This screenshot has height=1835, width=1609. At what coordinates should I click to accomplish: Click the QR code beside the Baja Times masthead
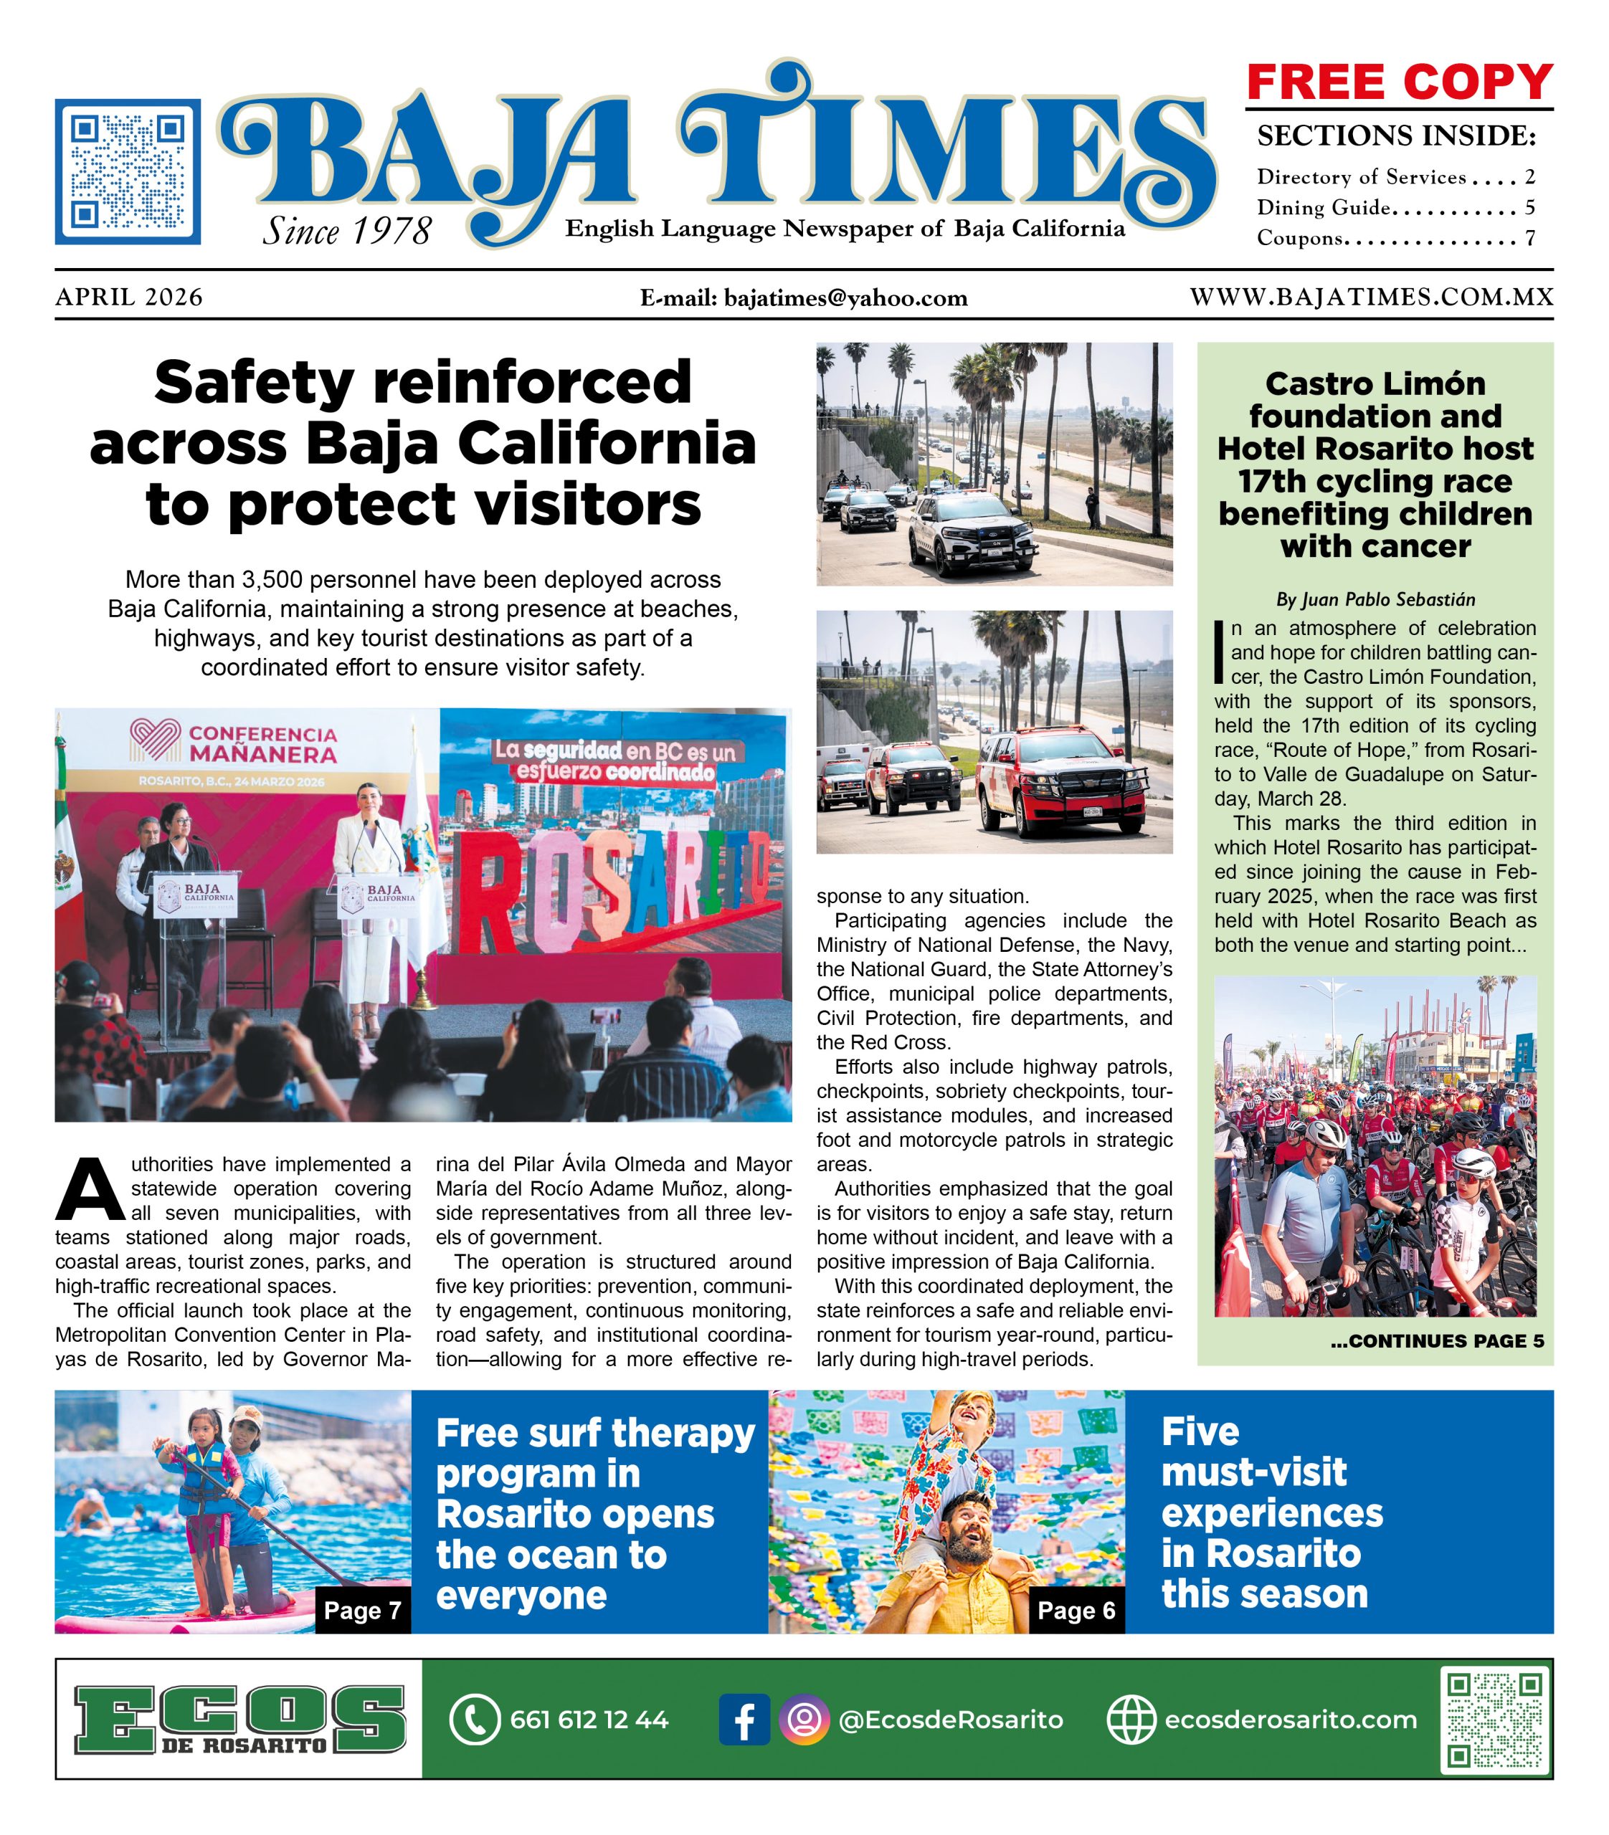pyautogui.click(x=128, y=171)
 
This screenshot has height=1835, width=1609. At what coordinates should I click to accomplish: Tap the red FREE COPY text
pyautogui.click(x=1399, y=82)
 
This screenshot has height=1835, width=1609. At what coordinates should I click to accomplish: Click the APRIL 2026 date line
pyautogui.click(x=129, y=297)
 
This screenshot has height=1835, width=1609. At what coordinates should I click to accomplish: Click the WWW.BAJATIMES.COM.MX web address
pyautogui.click(x=1371, y=297)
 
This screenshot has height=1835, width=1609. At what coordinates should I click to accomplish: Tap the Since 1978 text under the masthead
pyautogui.click(x=346, y=232)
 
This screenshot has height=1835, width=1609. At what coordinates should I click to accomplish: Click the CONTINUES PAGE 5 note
pyautogui.click(x=1437, y=1341)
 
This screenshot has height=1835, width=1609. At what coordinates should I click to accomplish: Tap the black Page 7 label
pyautogui.click(x=362, y=1611)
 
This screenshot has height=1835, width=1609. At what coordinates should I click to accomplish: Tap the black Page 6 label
pyautogui.click(x=1076, y=1611)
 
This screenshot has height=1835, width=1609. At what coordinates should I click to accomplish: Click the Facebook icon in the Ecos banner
pyautogui.click(x=744, y=1719)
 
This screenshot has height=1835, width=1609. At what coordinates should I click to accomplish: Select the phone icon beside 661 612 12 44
pyautogui.click(x=473, y=1719)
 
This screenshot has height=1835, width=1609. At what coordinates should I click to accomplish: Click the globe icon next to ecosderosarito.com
pyautogui.click(x=1131, y=1719)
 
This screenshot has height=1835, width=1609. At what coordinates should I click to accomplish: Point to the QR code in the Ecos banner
pyautogui.click(x=1495, y=1719)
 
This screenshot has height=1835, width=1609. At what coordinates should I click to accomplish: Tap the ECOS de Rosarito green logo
pyautogui.click(x=239, y=1719)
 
